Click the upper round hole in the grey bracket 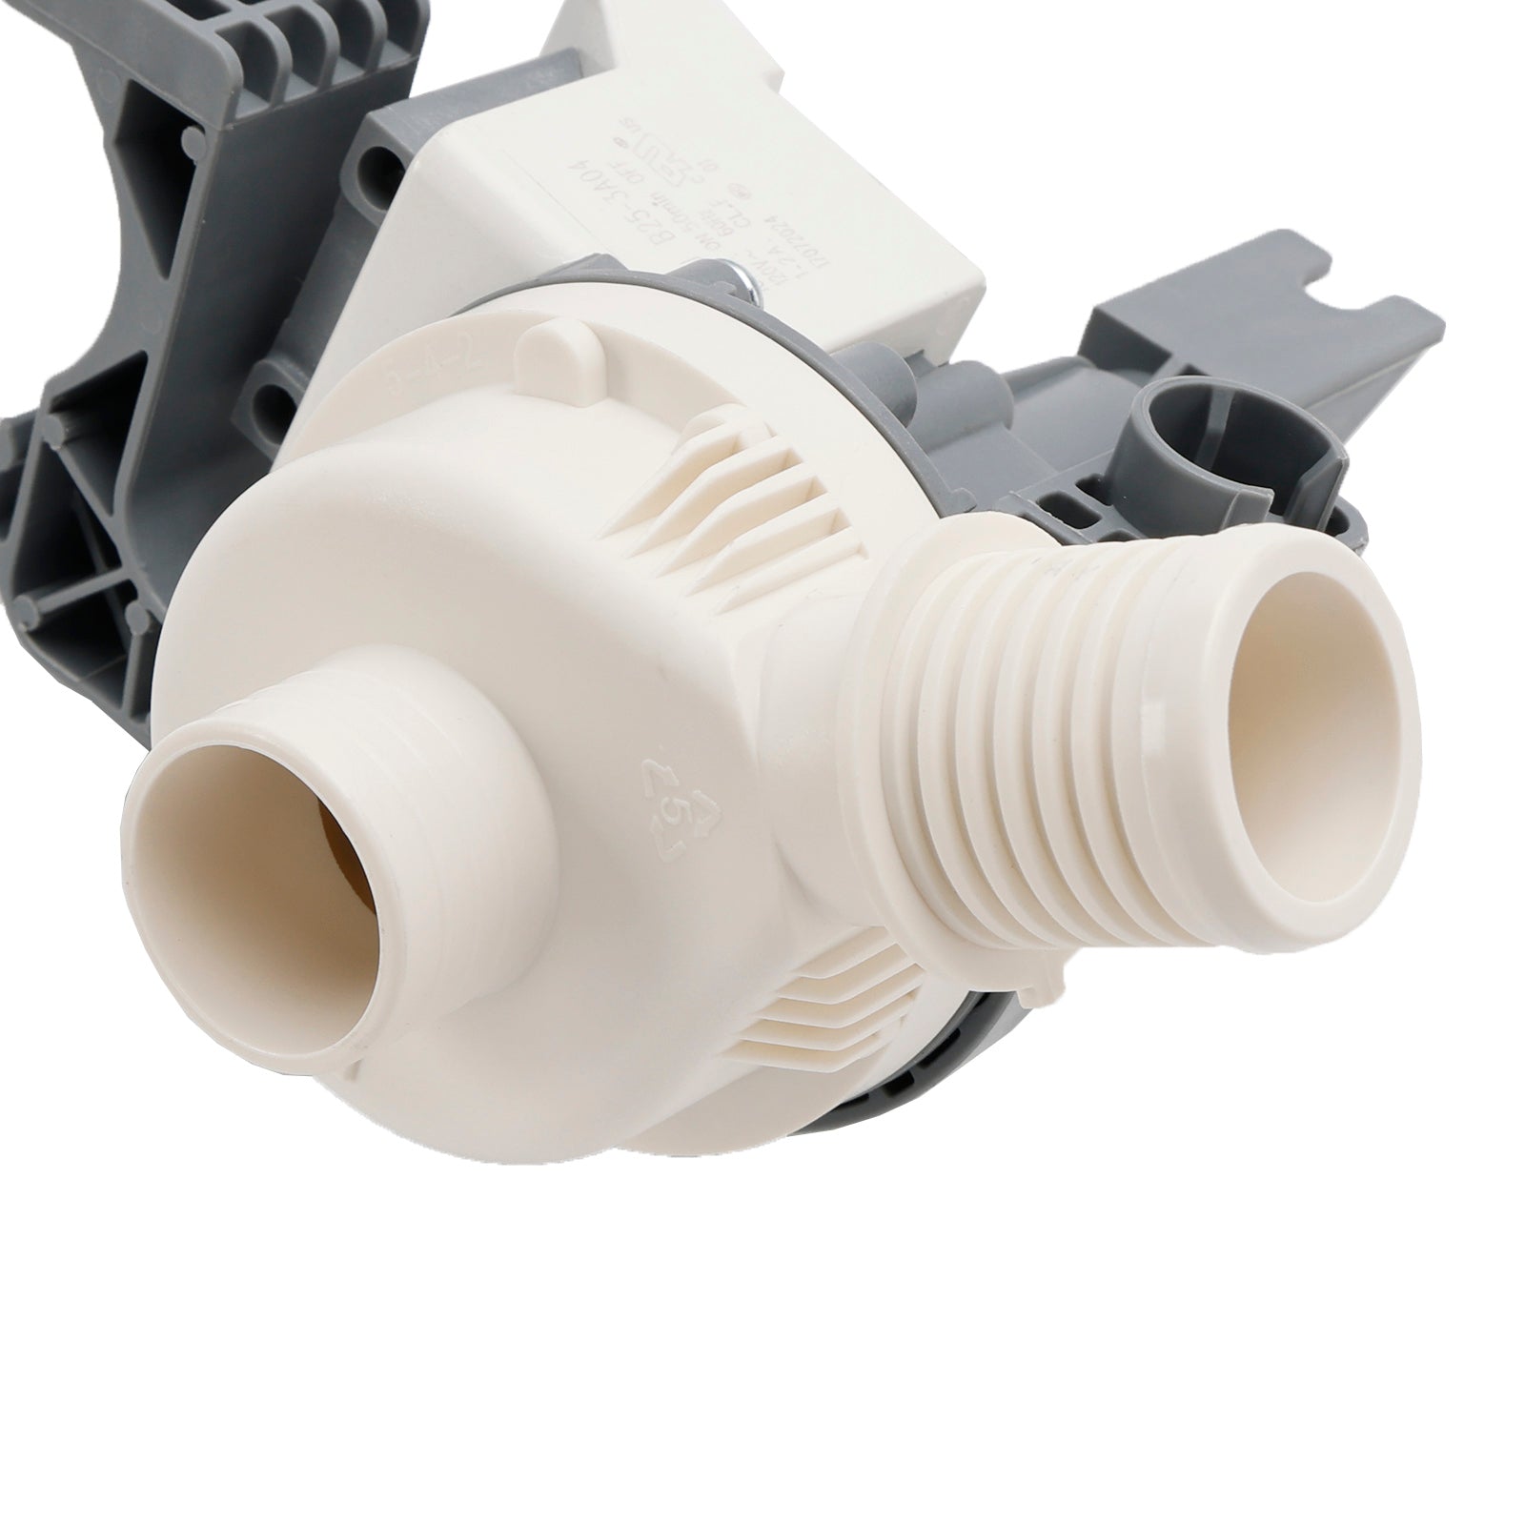pyautogui.click(x=391, y=152)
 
